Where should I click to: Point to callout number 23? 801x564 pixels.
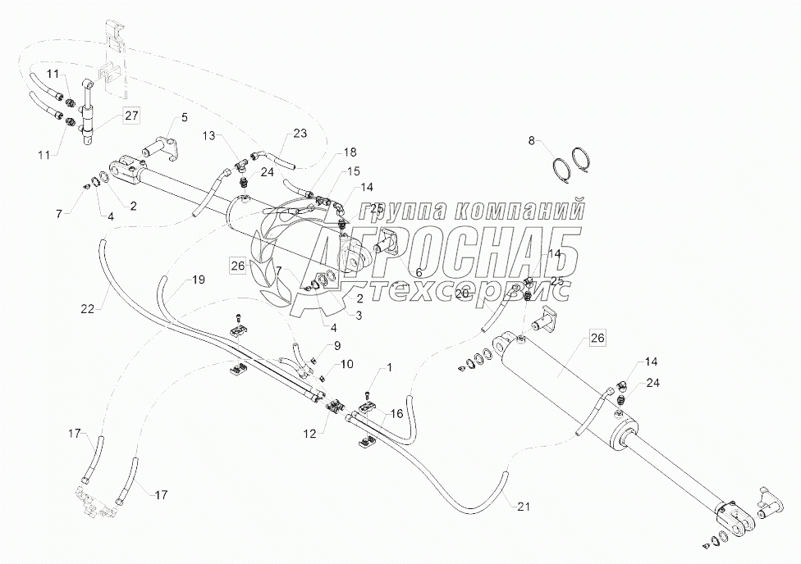pyautogui.click(x=300, y=133)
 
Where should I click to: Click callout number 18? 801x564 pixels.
pyautogui.click(x=350, y=152)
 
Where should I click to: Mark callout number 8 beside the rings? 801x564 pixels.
pyautogui.click(x=531, y=141)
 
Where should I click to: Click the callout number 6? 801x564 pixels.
pyautogui.click(x=418, y=272)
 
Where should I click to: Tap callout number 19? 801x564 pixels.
pyautogui.click(x=198, y=280)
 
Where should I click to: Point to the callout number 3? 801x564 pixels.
pyautogui.click(x=359, y=314)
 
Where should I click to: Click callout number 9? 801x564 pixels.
pyautogui.click(x=336, y=345)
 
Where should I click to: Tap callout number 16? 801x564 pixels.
pyautogui.click(x=397, y=415)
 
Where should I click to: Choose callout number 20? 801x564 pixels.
pyautogui.click(x=461, y=293)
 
